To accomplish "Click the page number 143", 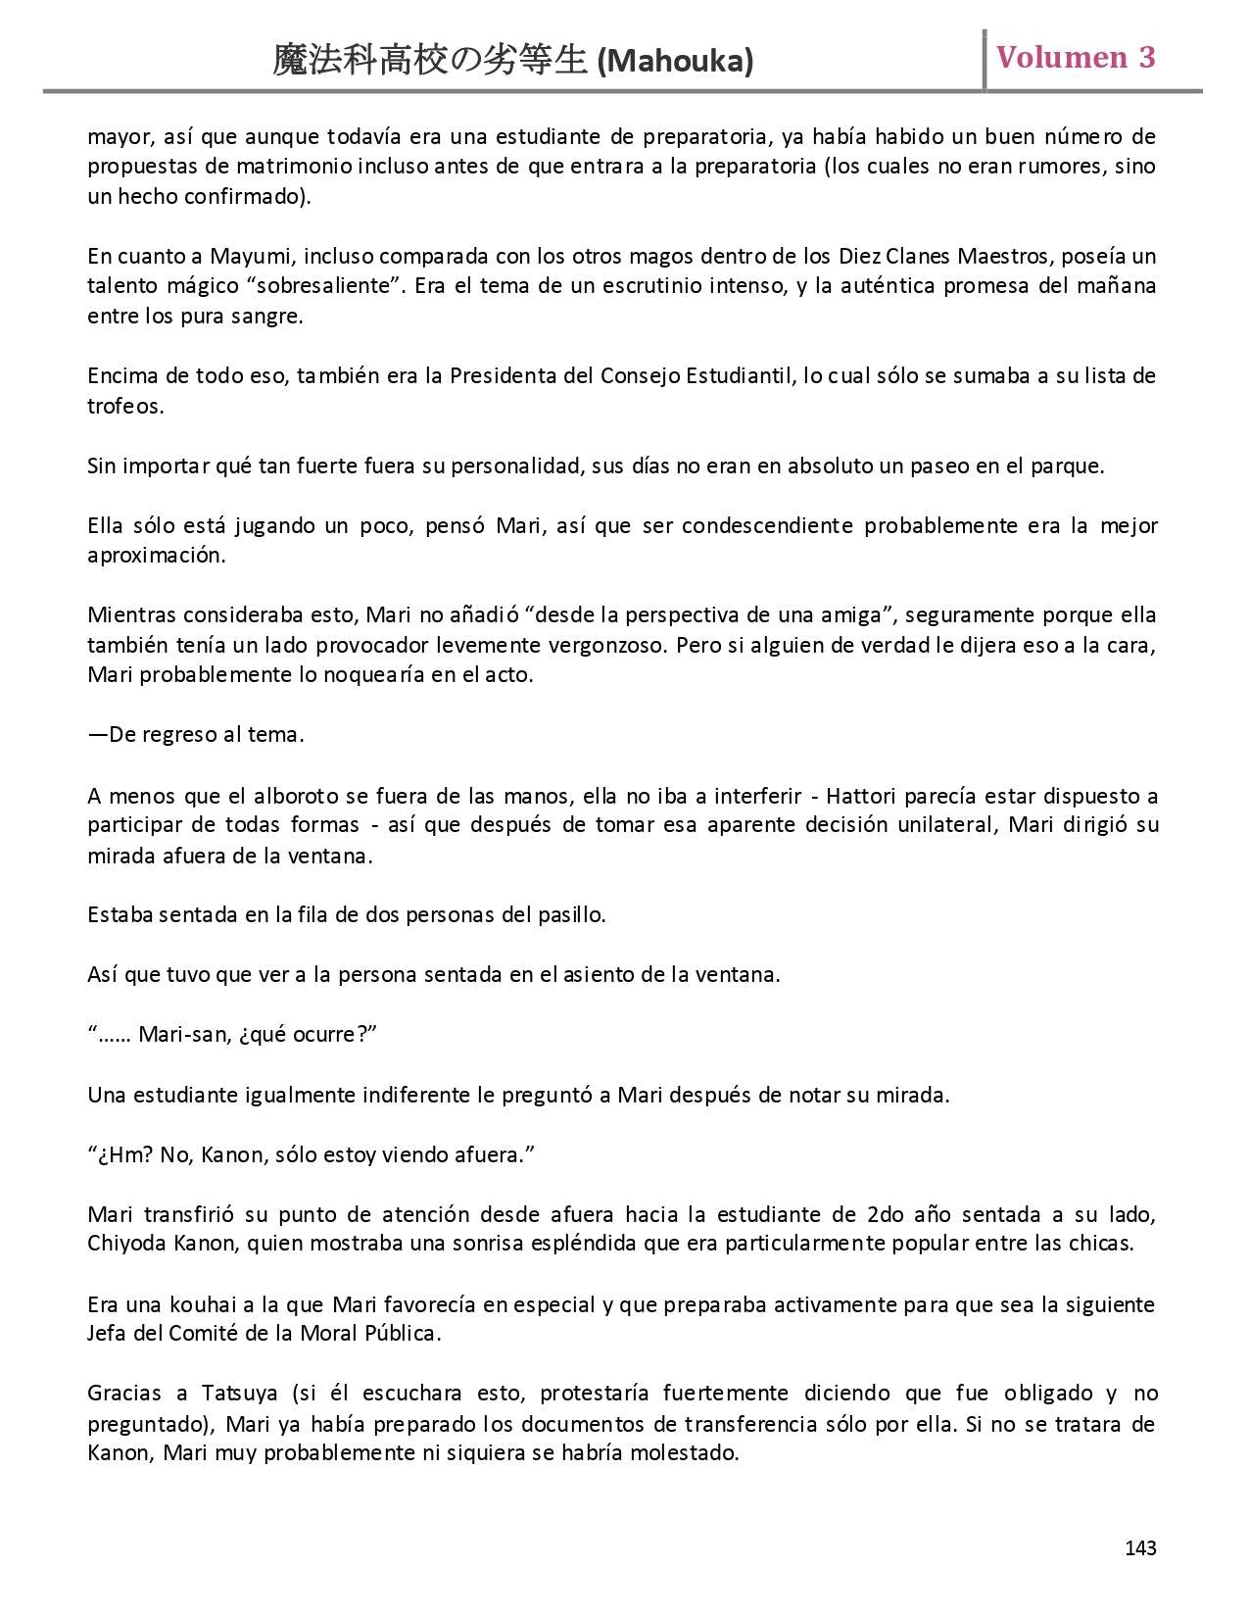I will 1140,1548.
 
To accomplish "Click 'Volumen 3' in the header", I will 1076,57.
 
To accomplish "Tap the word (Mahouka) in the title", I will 675,62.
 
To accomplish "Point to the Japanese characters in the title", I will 431,61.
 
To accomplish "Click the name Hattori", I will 862,796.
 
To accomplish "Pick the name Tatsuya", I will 240,1394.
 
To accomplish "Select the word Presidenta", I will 503,376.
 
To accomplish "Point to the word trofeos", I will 124,406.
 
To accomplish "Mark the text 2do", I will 886,1215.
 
